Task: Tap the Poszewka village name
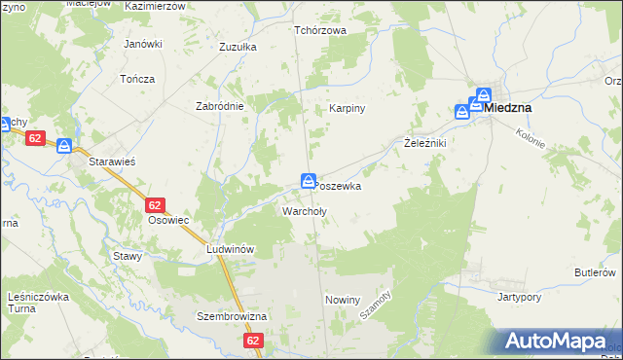coord(339,186)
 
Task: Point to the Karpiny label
coord(347,108)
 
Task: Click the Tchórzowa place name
coord(321,30)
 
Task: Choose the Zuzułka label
coord(238,46)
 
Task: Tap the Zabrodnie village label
coord(219,106)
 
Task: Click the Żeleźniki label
coord(424,143)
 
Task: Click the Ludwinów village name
coord(230,249)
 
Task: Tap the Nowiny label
coord(343,300)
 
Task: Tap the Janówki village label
coord(142,44)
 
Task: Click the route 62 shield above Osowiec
coord(155,205)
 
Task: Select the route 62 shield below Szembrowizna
coord(254,341)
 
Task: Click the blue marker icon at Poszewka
coord(308,180)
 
